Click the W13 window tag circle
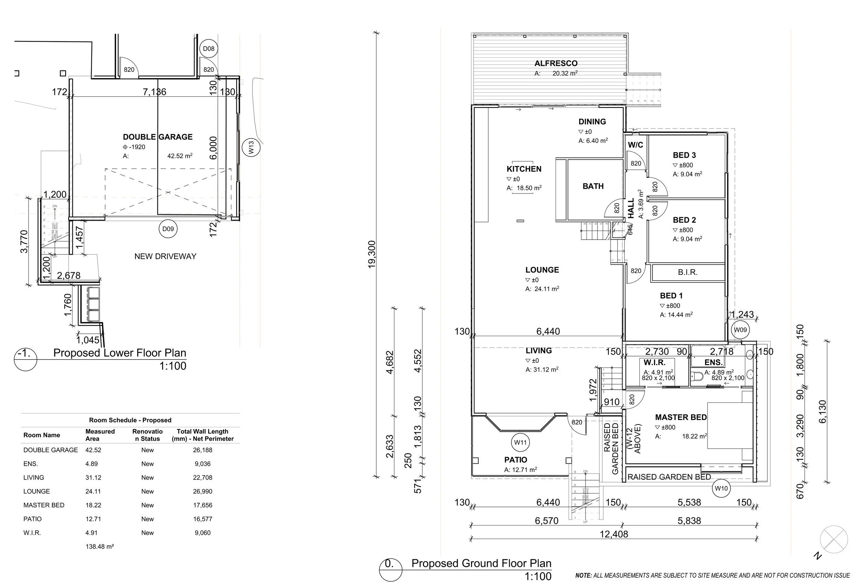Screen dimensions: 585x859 (251, 147)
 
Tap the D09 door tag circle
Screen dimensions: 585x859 (168, 229)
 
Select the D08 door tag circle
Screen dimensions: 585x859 (209, 49)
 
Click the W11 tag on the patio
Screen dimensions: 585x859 (520, 442)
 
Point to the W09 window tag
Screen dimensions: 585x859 (740, 330)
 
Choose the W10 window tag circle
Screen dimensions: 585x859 (721, 488)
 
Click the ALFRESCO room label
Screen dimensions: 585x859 (556, 64)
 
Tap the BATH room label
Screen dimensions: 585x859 (593, 186)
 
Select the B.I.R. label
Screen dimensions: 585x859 (688, 273)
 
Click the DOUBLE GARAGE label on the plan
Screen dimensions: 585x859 (157, 137)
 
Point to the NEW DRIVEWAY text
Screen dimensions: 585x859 (165, 256)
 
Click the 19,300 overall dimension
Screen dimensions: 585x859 (371, 254)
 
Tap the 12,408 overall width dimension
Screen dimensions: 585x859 (614, 534)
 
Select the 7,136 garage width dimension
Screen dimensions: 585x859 (154, 92)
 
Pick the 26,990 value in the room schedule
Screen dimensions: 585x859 (203, 492)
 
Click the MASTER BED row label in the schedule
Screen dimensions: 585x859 (44, 505)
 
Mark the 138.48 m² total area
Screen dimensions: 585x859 (99, 547)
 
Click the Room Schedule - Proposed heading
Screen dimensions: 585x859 (130, 420)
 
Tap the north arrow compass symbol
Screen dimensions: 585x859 (834, 540)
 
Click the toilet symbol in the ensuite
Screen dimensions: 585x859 (697, 376)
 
